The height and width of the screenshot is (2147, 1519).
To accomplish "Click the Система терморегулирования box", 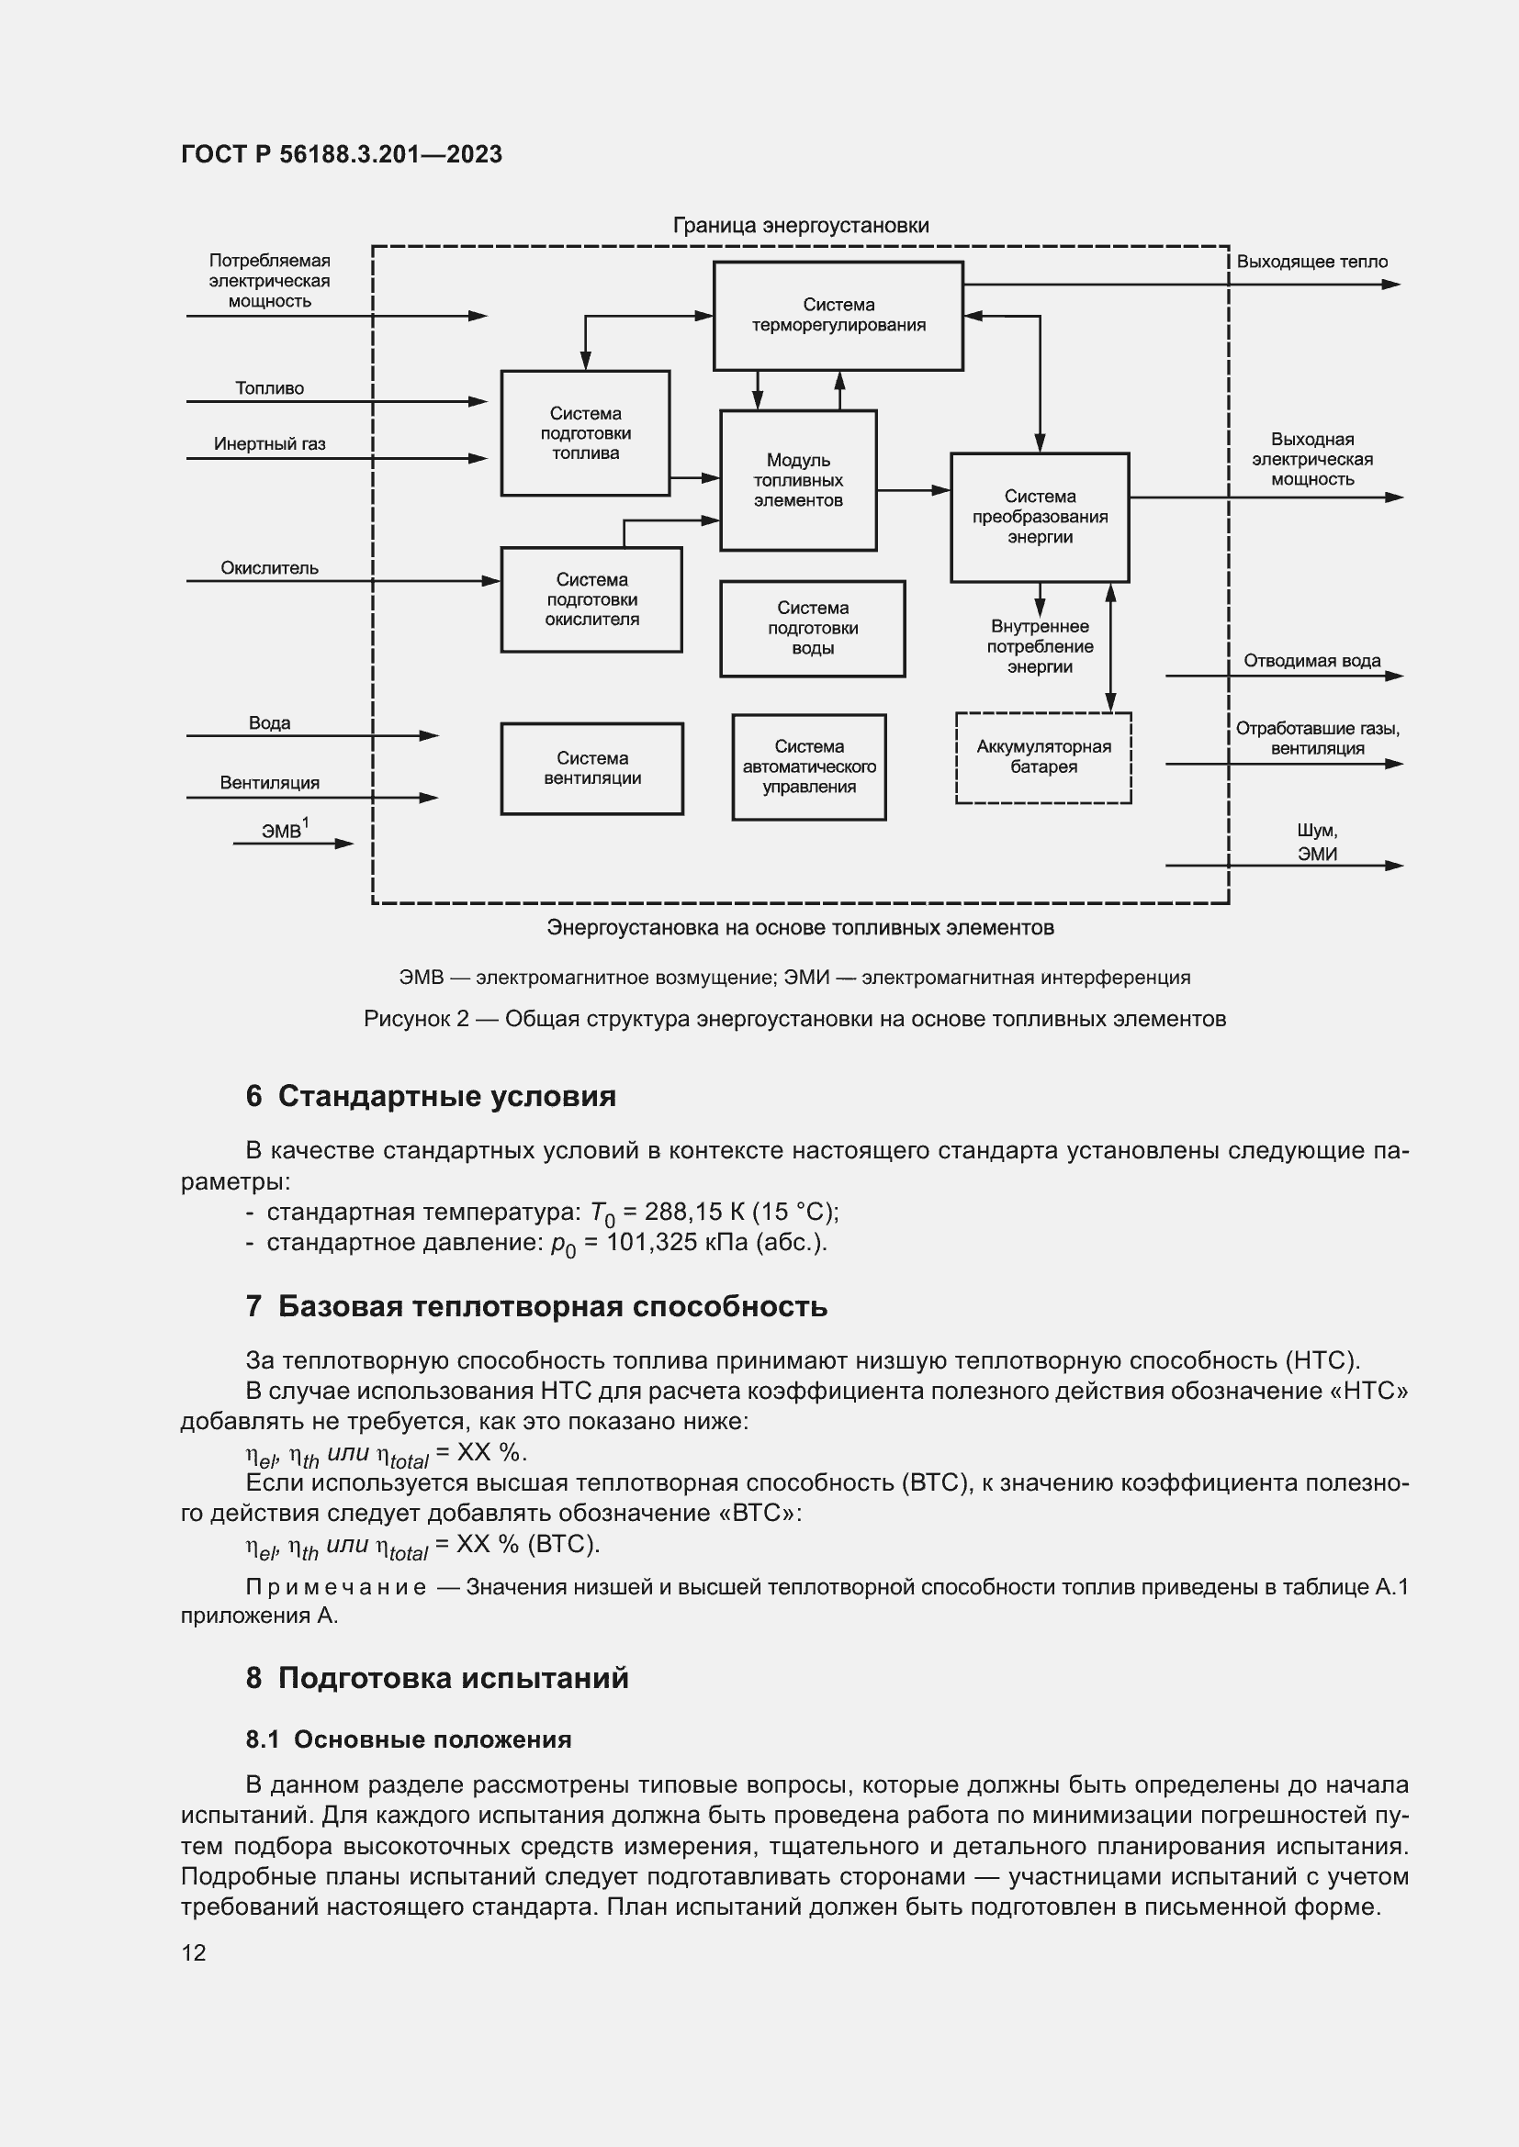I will click(x=838, y=315).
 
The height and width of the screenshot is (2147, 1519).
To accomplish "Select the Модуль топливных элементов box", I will click(x=797, y=480).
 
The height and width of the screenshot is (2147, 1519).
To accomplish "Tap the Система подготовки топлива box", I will click(x=585, y=433).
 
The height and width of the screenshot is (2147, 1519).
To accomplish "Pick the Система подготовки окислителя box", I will click(x=591, y=599).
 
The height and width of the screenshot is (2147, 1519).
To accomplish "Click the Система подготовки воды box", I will click(x=812, y=629).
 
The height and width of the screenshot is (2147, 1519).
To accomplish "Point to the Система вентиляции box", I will click(x=591, y=767).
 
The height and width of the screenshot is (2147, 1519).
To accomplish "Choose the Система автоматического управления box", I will click(x=808, y=766).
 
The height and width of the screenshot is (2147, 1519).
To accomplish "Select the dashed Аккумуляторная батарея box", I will click(x=1043, y=757).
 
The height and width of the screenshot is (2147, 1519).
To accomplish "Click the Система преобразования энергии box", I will click(x=1040, y=517).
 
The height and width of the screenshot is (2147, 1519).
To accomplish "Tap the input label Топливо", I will click(x=269, y=388).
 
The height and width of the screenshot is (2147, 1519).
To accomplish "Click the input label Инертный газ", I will click(x=269, y=444).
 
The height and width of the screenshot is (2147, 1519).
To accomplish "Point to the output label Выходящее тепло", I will click(x=1311, y=262).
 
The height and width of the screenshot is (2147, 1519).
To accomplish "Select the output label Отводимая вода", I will click(x=1311, y=661).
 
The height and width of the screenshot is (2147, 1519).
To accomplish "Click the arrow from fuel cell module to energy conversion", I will click(x=913, y=489).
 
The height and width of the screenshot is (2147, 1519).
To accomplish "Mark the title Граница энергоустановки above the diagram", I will click(x=801, y=226).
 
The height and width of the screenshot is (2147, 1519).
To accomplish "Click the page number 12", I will click(x=194, y=1952).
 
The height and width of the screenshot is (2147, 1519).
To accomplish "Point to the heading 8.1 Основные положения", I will click(x=408, y=1739).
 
